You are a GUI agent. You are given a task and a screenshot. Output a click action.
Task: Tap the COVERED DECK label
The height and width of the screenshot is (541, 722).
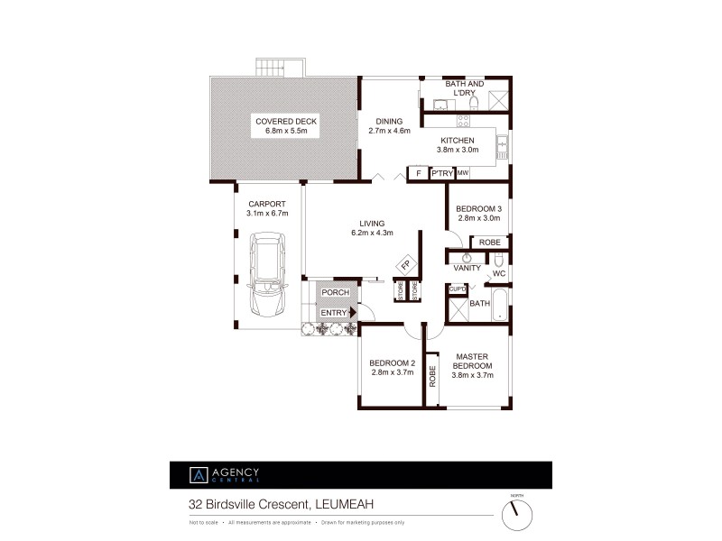[286, 121]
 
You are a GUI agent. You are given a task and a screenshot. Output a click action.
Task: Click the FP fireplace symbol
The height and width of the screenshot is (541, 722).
[405, 266]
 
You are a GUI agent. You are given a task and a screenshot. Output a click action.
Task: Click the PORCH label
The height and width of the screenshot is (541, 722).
[335, 293]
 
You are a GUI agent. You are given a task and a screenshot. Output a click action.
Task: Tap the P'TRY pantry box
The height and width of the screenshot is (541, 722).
[441, 173]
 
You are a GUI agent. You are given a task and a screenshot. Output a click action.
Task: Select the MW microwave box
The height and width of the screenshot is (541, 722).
[463, 173]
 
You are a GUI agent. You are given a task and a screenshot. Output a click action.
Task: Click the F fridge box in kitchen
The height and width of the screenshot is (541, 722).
[418, 173]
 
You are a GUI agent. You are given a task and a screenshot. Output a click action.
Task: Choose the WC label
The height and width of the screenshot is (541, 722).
[498, 273]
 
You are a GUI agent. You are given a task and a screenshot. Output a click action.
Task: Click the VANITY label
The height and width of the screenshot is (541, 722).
[467, 268]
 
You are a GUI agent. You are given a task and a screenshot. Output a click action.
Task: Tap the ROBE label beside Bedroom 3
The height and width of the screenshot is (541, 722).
[490, 243]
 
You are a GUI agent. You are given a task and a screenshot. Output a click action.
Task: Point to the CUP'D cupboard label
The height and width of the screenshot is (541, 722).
[457, 289]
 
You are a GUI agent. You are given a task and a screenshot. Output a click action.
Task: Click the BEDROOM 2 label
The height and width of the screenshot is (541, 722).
[392, 363]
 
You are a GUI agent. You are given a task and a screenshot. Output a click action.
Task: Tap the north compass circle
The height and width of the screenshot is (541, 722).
[516, 514]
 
